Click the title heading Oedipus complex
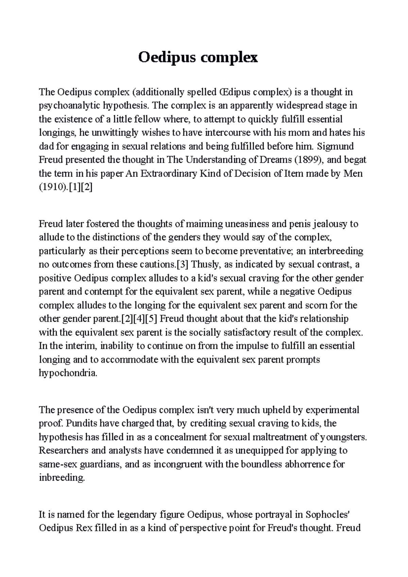[x=198, y=57]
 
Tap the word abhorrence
[x=304, y=464]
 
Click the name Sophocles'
[x=327, y=514]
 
